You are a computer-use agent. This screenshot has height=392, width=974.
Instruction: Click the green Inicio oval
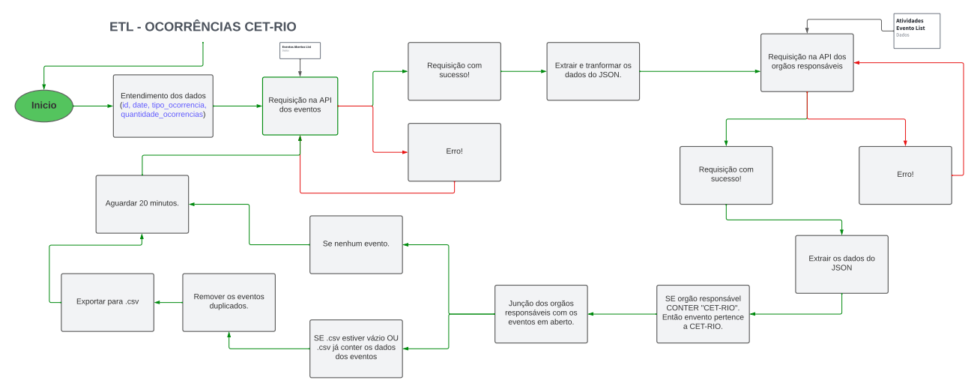pos(44,106)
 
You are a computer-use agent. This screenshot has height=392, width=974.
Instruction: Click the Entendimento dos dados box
pos(163,106)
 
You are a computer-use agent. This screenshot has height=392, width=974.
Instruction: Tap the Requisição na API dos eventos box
pos(300,106)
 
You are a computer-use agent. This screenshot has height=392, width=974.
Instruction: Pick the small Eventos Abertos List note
pos(300,50)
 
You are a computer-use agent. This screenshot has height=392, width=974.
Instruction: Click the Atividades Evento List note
pos(916,31)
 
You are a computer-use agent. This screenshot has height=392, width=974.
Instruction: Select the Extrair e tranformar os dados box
pos(593,71)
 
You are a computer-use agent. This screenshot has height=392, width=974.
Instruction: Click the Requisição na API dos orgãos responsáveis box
pos(807,62)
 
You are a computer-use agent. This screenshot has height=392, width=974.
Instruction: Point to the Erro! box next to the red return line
pos(905,175)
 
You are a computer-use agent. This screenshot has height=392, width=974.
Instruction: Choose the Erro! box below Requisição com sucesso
pos(454,152)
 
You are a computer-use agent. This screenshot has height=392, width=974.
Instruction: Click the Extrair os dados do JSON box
pos(841,264)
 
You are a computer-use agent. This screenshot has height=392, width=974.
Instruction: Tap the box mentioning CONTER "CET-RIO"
pos(703,313)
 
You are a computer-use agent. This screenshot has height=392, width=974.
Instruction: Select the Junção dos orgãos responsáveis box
pos(541,313)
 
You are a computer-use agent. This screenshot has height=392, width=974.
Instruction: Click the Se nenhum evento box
pos(356,244)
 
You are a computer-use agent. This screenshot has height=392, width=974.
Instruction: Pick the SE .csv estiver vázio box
pos(356,349)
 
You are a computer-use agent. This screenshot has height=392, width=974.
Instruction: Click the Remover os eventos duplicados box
pos(229,302)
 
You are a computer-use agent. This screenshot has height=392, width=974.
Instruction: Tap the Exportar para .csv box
pos(107,302)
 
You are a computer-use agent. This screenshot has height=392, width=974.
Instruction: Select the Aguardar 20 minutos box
pos(142,204)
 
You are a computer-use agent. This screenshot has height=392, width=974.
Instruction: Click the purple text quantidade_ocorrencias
pos(163,115)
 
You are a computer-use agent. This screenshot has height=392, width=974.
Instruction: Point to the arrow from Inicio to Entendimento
pos(93,106)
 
